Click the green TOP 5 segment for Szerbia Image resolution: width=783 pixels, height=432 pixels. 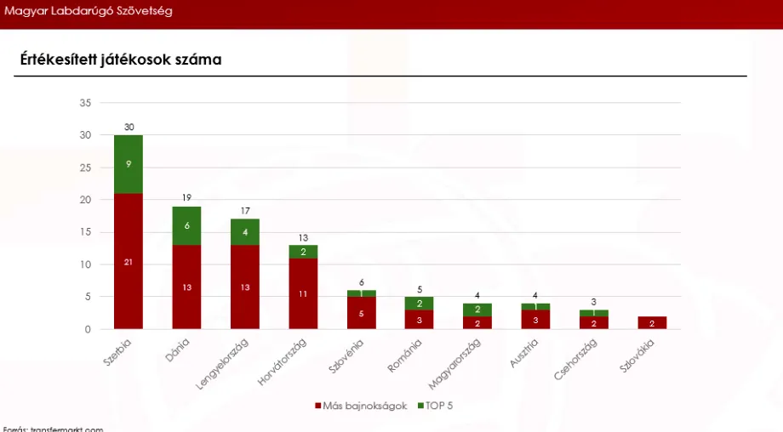129,164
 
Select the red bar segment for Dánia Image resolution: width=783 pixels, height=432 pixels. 186,287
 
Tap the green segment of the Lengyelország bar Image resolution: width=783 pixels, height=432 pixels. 245,232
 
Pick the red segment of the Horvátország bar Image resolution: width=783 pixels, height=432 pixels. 303,293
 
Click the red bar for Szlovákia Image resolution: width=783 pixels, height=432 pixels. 651,322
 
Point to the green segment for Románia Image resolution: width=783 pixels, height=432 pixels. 420,304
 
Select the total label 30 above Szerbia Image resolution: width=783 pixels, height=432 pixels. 129,128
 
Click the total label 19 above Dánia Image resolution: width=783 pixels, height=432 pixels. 186,198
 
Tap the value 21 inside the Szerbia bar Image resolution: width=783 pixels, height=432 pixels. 129,262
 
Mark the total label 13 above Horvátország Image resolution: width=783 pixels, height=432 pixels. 303,237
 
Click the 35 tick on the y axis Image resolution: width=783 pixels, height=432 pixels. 85,103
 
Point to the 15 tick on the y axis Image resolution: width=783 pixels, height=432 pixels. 85,232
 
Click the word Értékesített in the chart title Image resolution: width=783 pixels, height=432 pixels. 59,60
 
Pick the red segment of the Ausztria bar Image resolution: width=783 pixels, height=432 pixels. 535,319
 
